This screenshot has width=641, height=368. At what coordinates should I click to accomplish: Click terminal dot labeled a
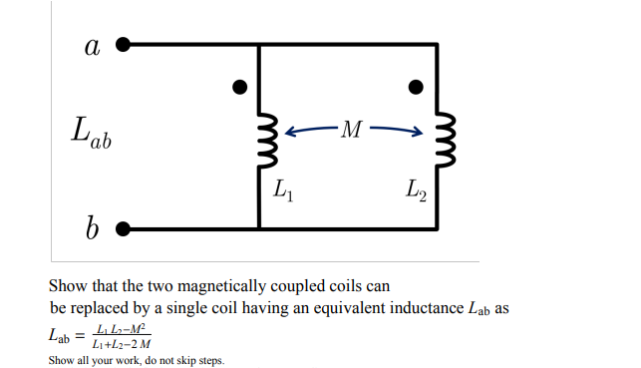123,44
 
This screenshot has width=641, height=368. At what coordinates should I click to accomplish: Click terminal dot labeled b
123,228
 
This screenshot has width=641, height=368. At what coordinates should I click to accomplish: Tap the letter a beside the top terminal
93,45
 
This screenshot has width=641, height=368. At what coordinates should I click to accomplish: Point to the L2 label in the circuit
416,187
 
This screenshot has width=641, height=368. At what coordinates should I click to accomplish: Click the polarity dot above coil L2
417,87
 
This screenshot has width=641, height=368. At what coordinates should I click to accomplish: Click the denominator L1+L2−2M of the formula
121,344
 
